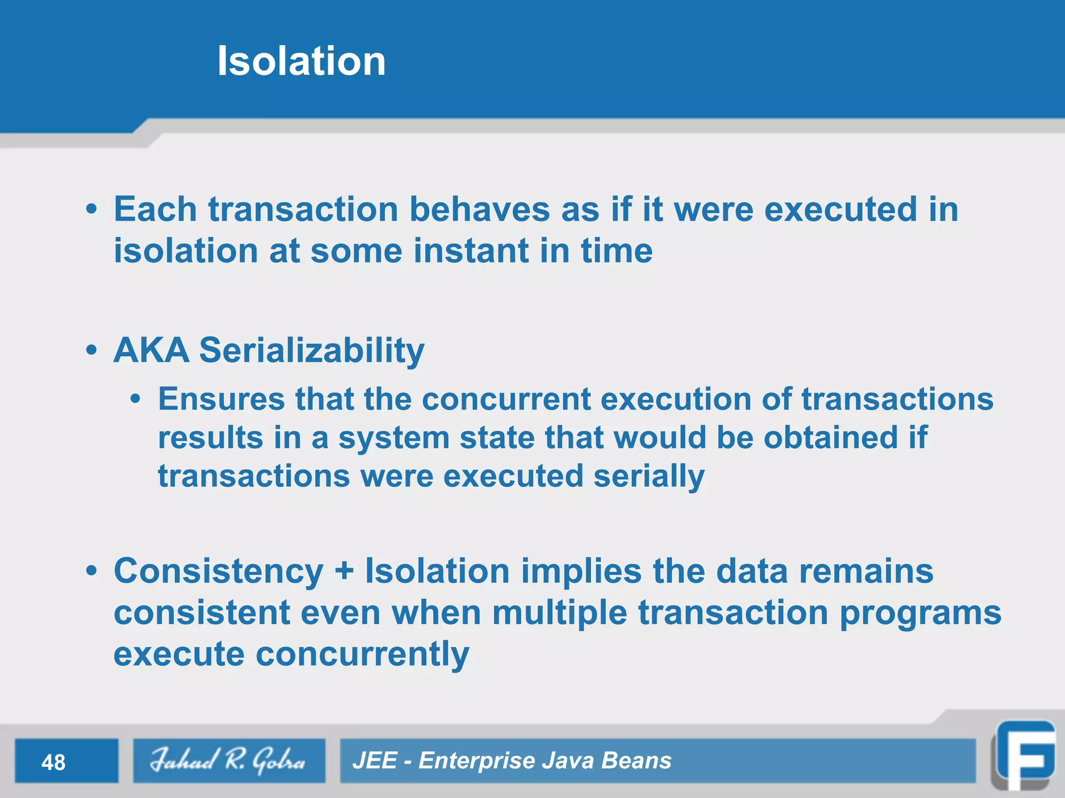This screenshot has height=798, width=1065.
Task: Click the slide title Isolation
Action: coord(301,61)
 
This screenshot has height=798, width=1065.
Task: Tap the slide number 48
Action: coord(54,762)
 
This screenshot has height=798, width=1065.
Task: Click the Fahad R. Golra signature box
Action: coord(229,761)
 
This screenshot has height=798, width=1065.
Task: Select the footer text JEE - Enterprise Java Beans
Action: coord(512,761)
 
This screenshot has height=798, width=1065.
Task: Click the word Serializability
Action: coord(312,351)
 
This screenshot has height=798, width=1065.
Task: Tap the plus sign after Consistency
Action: coord(344,571)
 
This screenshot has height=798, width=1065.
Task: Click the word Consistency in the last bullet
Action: coord(218,571)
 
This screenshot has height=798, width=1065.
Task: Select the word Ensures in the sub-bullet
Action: coord(222,399)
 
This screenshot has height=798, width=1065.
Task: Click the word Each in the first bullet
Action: coord(155,209)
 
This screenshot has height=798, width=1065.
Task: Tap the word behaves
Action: coord(479,209)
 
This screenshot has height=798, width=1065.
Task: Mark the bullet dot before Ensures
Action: coord(136,400)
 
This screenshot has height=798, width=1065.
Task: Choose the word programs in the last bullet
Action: coord(920,613)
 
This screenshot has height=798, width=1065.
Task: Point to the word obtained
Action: coord(830,437)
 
